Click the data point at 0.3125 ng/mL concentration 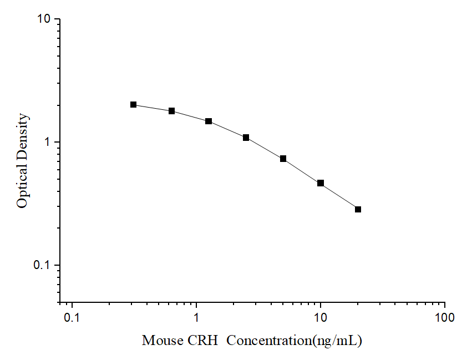(134, 104)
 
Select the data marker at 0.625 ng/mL (172, 111)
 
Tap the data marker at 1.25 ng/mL (209, 121)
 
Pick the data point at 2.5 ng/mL (246, 137)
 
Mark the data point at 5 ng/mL (283, 159)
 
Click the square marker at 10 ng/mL (321, 183)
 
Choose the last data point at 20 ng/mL (358, 209)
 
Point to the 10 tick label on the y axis (44, 19)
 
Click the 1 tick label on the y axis (48, 142)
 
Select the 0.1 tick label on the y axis (42, 265)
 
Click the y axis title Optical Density (22, 161)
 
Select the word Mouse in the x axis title (160, 340)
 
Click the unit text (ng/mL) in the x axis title (337, 340)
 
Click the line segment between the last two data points (339, 196)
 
